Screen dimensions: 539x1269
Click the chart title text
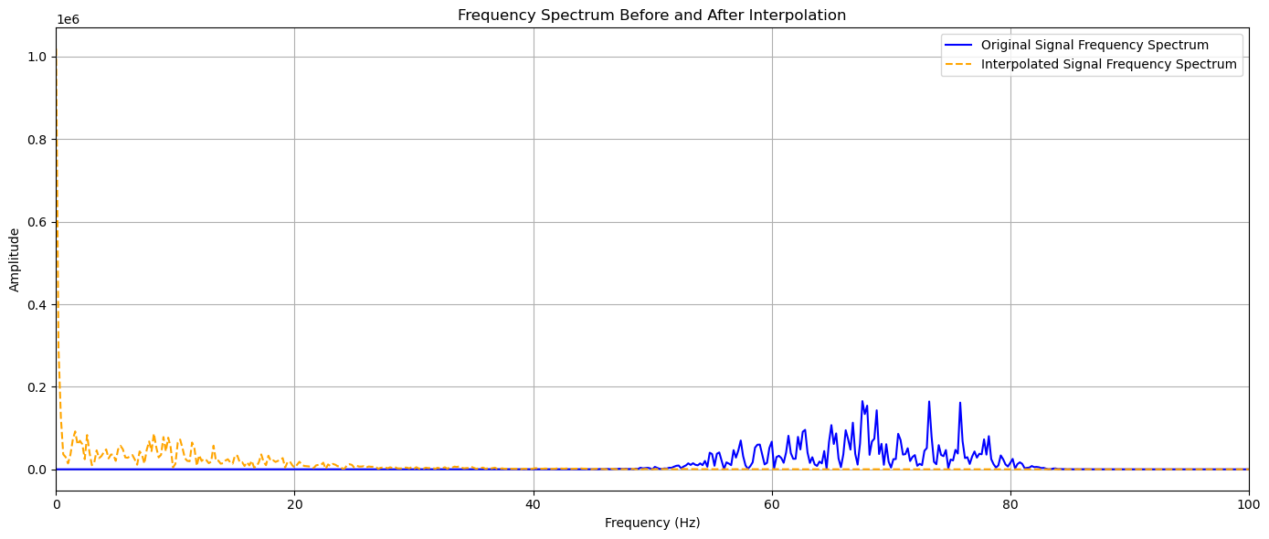[x=651, y=15]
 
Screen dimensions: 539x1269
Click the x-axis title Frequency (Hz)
[x=651, y=523]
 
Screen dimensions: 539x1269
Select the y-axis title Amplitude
[x=15, y=260]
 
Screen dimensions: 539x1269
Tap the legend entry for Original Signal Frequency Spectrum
[x=1095, y=45]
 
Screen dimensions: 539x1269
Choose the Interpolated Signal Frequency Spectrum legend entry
[x=1108, y=64]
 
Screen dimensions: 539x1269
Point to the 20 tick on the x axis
[x=294, y=503]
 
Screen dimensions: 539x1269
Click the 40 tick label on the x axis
[x=533, y=503]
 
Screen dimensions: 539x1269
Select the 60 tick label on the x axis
[x=771, y=503]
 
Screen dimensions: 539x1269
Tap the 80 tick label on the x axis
[x=1010, y=503]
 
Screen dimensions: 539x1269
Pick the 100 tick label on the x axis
[x=1248, y=503]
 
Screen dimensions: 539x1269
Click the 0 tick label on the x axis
[x=56, y=503]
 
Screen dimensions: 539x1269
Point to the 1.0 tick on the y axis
[x=39, y=57]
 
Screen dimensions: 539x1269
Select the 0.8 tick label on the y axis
[x=39, y=140]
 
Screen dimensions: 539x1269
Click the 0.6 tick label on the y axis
[x=39, y=222]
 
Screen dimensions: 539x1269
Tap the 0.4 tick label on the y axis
[x=39, y=304]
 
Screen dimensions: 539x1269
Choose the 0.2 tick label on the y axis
[x=39, y=387]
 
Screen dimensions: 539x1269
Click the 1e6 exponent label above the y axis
[x=68, y=19]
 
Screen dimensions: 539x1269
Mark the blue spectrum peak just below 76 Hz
[x=959, y=403]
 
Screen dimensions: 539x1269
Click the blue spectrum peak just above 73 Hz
[x=929, y=402]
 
